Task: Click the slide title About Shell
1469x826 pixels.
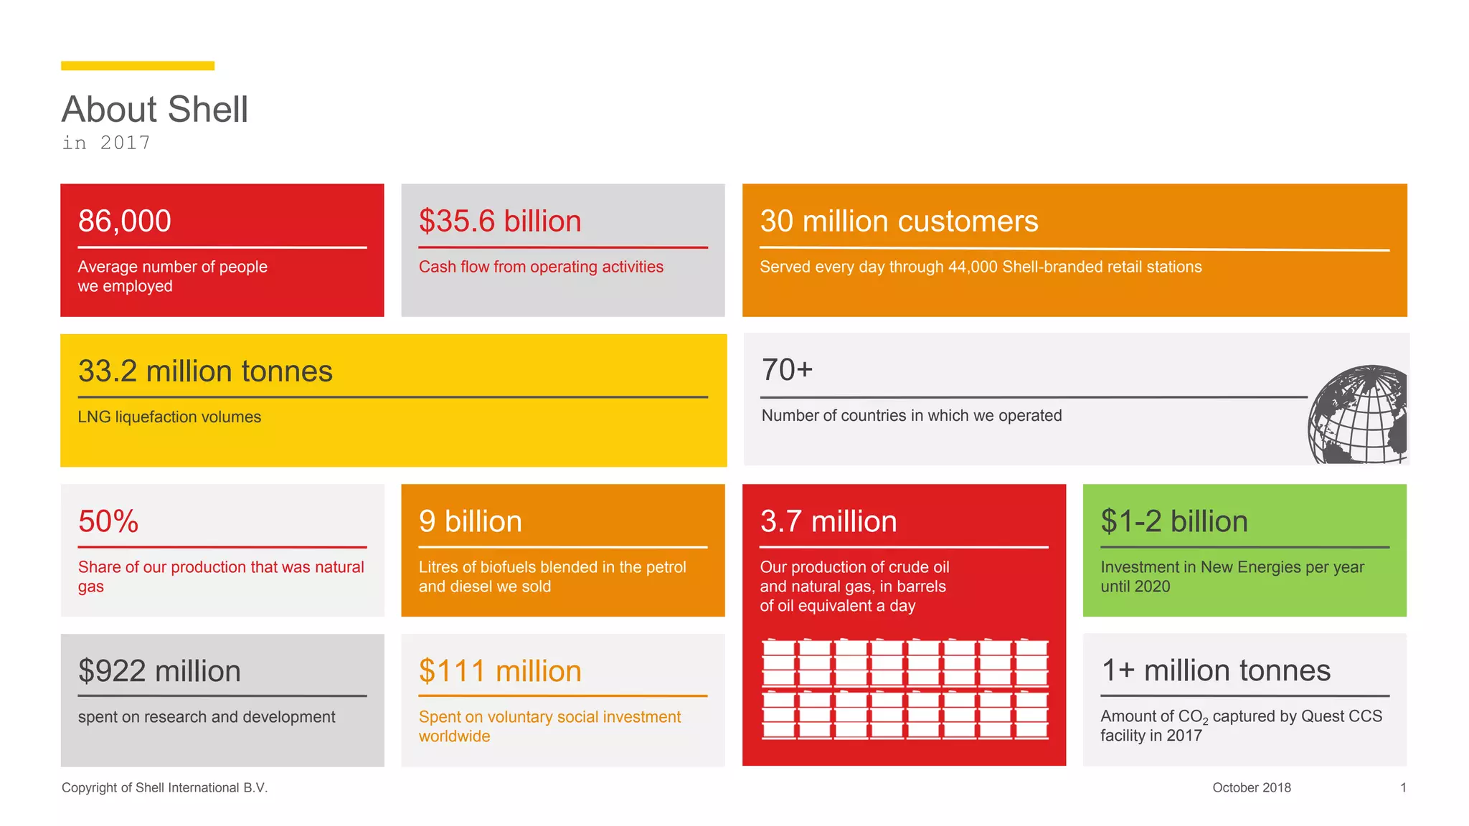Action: coord(154,110)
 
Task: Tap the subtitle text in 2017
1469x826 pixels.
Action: coord(106,143)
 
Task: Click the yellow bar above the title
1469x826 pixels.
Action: coord(137,66)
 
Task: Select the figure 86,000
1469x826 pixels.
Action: coord(125,221)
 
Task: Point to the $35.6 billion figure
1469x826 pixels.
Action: coord(500,221)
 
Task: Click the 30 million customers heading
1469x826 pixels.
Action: coord(899,221)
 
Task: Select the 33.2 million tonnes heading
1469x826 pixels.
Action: coord(205,371)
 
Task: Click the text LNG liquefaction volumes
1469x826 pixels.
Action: coord(169,417)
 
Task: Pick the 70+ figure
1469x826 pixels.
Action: coord(787,370)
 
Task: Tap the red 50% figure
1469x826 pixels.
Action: coord(108,521)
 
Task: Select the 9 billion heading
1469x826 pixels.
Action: coord(470,521)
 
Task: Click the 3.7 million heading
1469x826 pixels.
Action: coord(828,521)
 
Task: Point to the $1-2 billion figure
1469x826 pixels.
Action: coord(1174,521)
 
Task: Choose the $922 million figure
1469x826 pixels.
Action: coord(159,671)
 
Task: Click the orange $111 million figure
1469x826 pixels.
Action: coord(500,671)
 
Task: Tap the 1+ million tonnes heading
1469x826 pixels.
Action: coord(1216,670)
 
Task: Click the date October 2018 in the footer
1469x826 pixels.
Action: coord(1251,787)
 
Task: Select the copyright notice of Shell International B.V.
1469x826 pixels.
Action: coord(164,787)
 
